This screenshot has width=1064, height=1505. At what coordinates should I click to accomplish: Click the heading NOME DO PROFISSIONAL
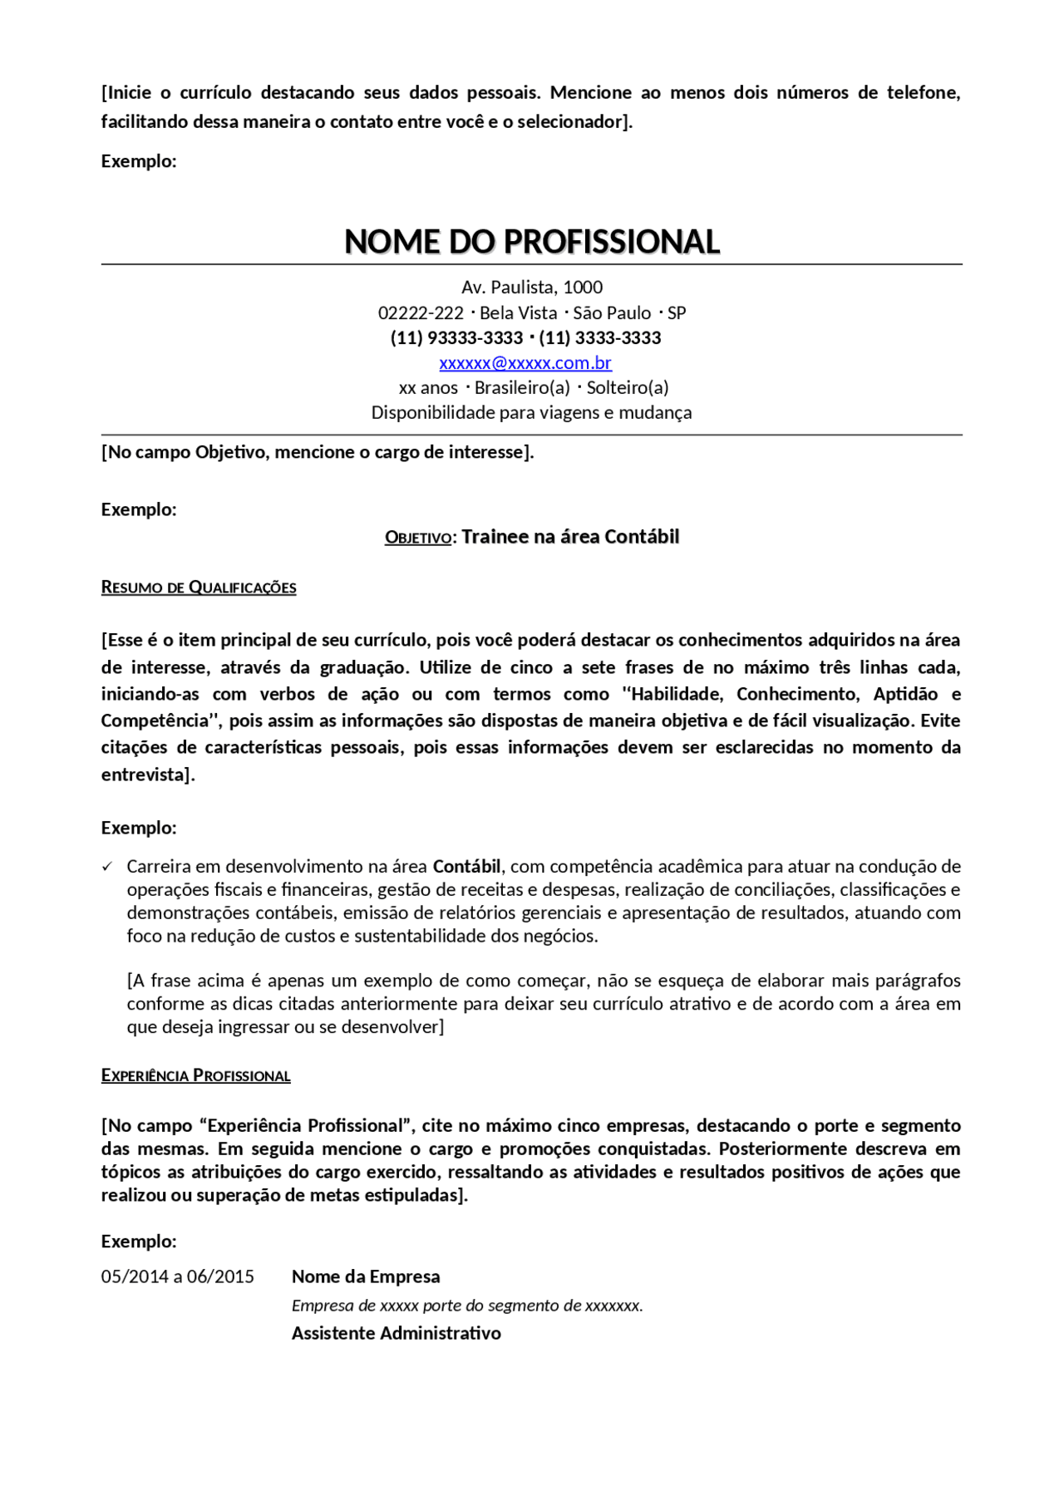(x=531, y=242)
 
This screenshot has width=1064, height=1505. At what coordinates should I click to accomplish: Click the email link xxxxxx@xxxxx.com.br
(x=525, y=363)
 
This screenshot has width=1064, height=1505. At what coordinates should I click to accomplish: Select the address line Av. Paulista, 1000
(x=532, y=288)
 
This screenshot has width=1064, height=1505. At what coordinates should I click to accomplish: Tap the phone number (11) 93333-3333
(x=456, y=338)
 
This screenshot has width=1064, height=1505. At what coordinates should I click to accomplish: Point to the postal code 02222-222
(x=421, y=313)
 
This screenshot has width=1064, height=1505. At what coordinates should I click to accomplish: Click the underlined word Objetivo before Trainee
(x=417, y=538)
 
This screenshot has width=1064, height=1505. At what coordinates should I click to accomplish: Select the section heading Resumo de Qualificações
(x=199, y=588)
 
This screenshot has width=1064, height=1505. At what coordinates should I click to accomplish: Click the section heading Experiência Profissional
(x=195, y=1075)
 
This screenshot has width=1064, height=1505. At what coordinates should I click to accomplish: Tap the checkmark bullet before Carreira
(x=107, y=867)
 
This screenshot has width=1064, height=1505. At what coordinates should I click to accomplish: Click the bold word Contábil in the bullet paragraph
(x=466, y=867)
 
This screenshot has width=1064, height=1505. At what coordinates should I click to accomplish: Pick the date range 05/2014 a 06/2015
(x=178, y=1276)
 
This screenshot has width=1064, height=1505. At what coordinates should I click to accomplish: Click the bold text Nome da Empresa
(x=366, y=1276)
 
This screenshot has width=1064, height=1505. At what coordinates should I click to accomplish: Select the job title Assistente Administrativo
(x=396, y=1333)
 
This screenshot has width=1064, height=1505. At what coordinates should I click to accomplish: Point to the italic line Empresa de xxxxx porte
(x=466, y=1306)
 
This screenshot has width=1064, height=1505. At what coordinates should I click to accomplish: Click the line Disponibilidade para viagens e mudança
(x=531, y=413)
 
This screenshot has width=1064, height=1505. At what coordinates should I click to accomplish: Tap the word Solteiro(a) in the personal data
(x=628, y=388)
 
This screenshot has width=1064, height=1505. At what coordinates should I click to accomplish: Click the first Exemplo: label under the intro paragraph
(x=139, y=161)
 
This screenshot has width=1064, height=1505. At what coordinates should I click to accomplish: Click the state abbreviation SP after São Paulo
(x=677, y=313)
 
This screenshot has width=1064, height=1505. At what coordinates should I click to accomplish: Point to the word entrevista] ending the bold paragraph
(x=148, y=775)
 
